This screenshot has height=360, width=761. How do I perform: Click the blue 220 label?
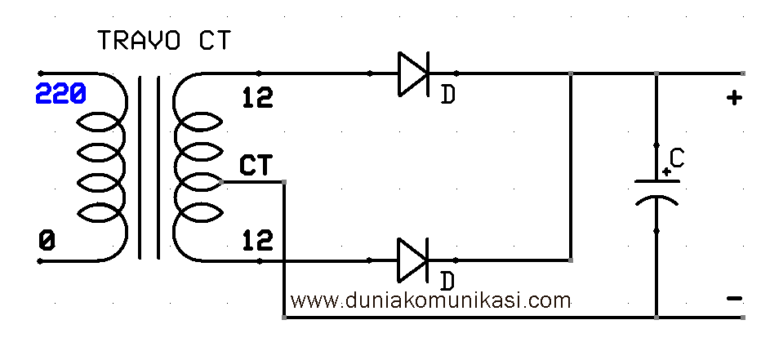tap(60, 96)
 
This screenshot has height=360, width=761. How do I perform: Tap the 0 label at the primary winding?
tap(47, 241)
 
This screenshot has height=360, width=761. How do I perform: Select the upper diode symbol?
tap(412, 73)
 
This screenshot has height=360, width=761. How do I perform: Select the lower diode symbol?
tap(412, 260)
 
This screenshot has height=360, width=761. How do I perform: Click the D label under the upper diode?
tap(448, 96)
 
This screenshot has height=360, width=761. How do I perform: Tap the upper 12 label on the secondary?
tap(258, 98)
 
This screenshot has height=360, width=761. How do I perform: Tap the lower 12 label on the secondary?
tap(258, 240)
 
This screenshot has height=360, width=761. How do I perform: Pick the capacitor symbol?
tap(656, 191)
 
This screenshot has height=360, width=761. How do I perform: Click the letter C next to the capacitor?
tap(676, 158)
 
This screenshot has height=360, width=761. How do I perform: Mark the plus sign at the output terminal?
tap(734, 99)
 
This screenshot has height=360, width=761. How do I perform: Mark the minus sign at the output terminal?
tap(734, 299)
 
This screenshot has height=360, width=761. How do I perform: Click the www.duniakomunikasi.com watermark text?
tap(430, 300)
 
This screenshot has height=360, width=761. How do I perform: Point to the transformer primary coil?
tap(103, 167)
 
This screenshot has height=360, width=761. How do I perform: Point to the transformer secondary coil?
tap(196, 167)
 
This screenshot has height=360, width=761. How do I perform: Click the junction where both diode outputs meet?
tap(570, 73)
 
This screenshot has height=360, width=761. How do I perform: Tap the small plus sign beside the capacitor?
tap(667, 171)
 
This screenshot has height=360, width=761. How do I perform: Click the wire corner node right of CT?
tap(283, 181)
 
